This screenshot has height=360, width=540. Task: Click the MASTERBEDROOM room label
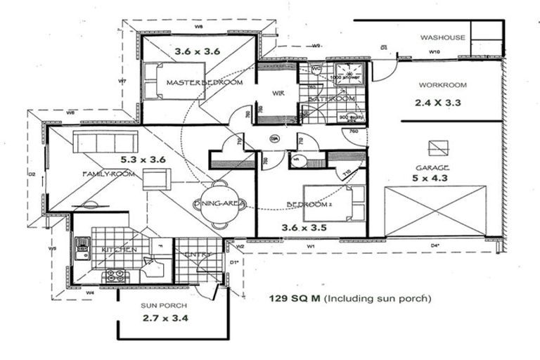point(205,83)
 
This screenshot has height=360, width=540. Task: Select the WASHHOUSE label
point(443,38)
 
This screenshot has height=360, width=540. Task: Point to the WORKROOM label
point(443,85)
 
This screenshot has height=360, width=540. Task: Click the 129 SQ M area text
point(294,298)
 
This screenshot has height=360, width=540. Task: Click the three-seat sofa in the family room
point(98,143)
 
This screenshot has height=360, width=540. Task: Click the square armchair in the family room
point(156,180)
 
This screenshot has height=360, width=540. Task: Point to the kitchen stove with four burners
point(115,276)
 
